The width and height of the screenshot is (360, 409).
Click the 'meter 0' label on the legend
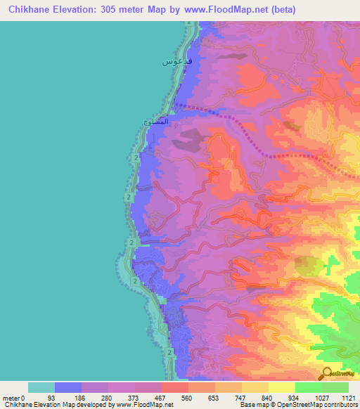pyautogui.click(x=13, y=397)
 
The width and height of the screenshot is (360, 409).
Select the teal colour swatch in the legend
pyautogui.click(x=41, y=387)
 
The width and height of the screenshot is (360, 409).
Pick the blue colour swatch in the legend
pyautogui.click(x=68, y=387)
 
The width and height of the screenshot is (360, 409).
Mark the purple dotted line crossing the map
pyautogui.click(x=239, y=126)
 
